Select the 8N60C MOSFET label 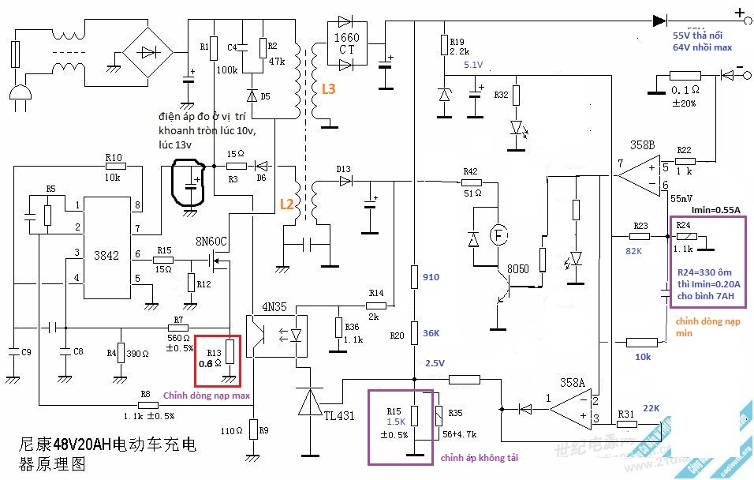tap(211, 241)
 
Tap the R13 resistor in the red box tap(229, 351)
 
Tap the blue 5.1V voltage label tap(474, 65)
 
